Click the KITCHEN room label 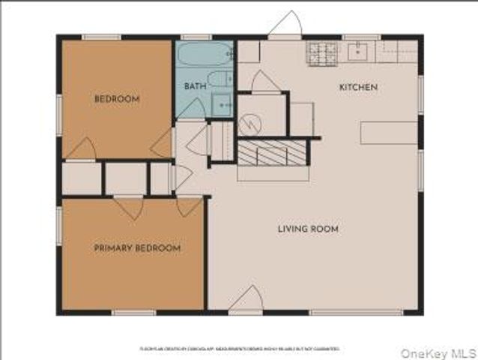[358, 88]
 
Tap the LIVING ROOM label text [308, 229]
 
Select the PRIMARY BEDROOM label [137, 247]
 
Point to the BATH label [195, 87]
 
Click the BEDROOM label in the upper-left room [117, 99]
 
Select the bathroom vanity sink [223, 105]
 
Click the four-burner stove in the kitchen [323, 52]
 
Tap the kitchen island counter [388, 133]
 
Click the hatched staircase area [272, 153]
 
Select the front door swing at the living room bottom [246, 298]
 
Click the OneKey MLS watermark [438, 352]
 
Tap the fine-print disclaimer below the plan [239, 349]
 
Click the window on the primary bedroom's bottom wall [133, 312]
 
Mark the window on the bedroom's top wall [101, 37]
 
